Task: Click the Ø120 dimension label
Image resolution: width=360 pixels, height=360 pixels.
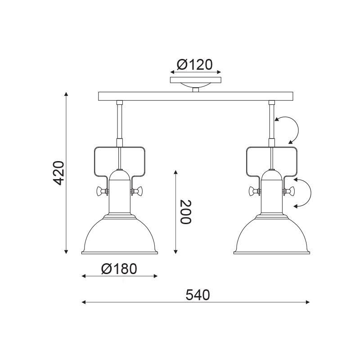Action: (195, 65)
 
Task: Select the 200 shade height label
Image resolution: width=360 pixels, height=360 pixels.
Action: (185, 212)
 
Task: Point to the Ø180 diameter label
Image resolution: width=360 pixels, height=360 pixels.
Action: (119, 269)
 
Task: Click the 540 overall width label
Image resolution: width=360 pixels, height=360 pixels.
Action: (198, 295)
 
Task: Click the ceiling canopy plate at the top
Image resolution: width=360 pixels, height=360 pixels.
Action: (196, 80)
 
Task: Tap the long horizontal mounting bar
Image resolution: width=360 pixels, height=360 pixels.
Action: (196, 96)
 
